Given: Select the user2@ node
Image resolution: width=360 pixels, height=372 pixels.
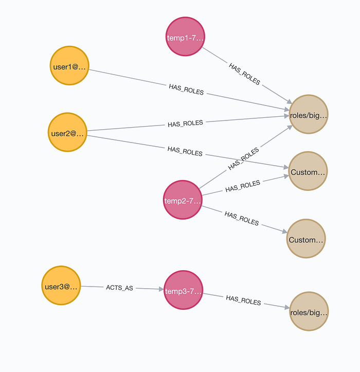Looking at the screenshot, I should click(x=67, y=132).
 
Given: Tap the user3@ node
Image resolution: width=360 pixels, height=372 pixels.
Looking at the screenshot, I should click(x=61, y=286).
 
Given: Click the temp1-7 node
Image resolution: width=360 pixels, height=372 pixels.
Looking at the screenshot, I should click(x=185, y=37).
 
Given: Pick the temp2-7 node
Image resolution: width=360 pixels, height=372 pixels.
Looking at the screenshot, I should click(x=183, y=200).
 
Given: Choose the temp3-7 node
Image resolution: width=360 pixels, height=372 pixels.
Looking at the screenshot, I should click(x=184, y=291).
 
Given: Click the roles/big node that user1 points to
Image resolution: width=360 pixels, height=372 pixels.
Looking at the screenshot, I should click(x=308, y=115).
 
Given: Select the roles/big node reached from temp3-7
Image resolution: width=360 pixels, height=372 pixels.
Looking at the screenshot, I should click(x=309, y=311).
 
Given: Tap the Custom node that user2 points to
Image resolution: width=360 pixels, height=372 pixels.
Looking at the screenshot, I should click(x=308, y=172).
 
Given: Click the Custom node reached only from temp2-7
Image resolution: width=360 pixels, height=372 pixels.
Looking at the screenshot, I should click(x=307, y=239).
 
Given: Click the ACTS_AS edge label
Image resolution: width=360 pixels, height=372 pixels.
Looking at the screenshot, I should click(x=119, y=288).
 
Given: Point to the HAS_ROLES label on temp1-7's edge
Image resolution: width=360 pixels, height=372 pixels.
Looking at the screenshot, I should click(x=245, y=74).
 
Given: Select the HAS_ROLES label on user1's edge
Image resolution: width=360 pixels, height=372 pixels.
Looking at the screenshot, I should click(x=186, y=88).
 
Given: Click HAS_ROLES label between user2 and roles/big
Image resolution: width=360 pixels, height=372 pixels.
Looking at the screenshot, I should click(x=185, y=123).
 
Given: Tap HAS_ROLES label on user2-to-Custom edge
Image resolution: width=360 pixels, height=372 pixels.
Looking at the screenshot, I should click(x=185, y=151).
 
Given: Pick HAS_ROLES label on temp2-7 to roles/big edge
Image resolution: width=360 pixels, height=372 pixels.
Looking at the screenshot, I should click(x=243, y=160).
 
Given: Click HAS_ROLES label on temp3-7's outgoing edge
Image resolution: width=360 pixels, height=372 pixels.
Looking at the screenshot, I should click(x=243, y=299).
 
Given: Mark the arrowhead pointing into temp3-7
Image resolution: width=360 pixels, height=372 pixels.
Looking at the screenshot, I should click(x=160, y=290).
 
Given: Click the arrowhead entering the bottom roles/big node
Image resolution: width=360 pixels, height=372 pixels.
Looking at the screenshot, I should click(x=286, y=308).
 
